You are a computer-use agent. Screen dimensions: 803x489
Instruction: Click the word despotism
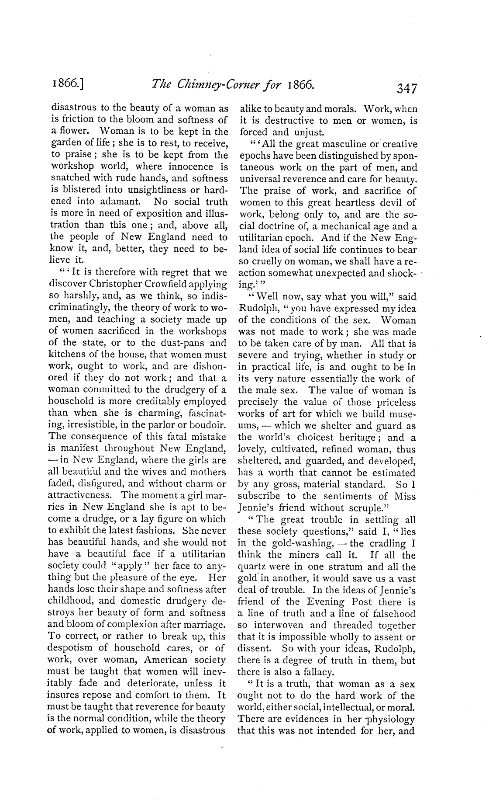pyautogui.click(x=69, y=648)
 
